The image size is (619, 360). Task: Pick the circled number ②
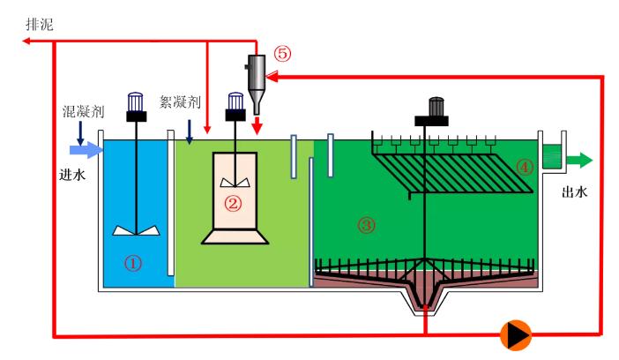234,203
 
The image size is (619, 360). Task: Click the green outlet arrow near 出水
580,160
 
